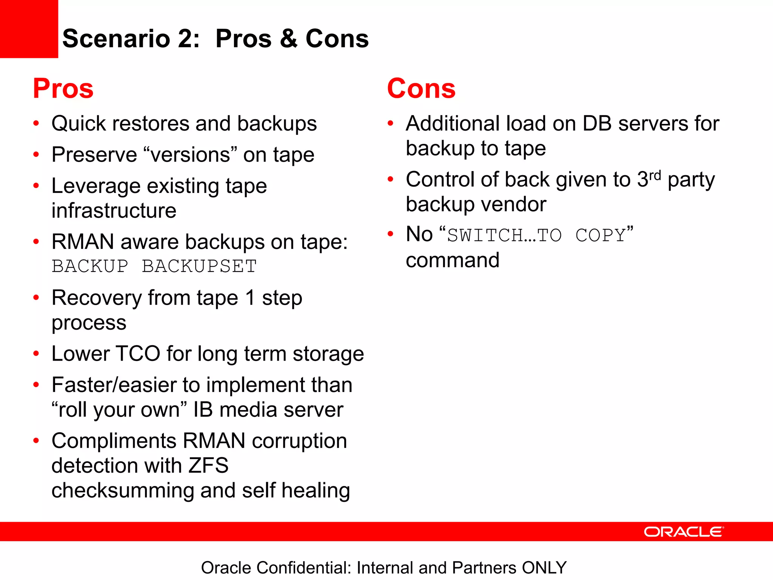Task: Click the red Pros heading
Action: [x=63, y=89]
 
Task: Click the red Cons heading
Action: [x=421, y=89]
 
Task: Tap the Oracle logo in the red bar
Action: [x=684, y=532]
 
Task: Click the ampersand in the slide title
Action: [x=288, y=39]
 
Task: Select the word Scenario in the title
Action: [x=116, y=39]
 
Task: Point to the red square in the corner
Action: [x=29, y=29]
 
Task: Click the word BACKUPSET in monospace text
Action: [x=199, y=266]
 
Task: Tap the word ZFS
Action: [x=208, y=465]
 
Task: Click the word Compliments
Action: [x=114, y=441]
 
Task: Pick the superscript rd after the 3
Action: [x=655, y=175]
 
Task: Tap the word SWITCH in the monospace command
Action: [x=485, y=235]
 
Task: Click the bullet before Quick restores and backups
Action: [x=36, y=123]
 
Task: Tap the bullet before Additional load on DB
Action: [x=391, y=123]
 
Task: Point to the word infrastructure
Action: [x=114, y=211]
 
